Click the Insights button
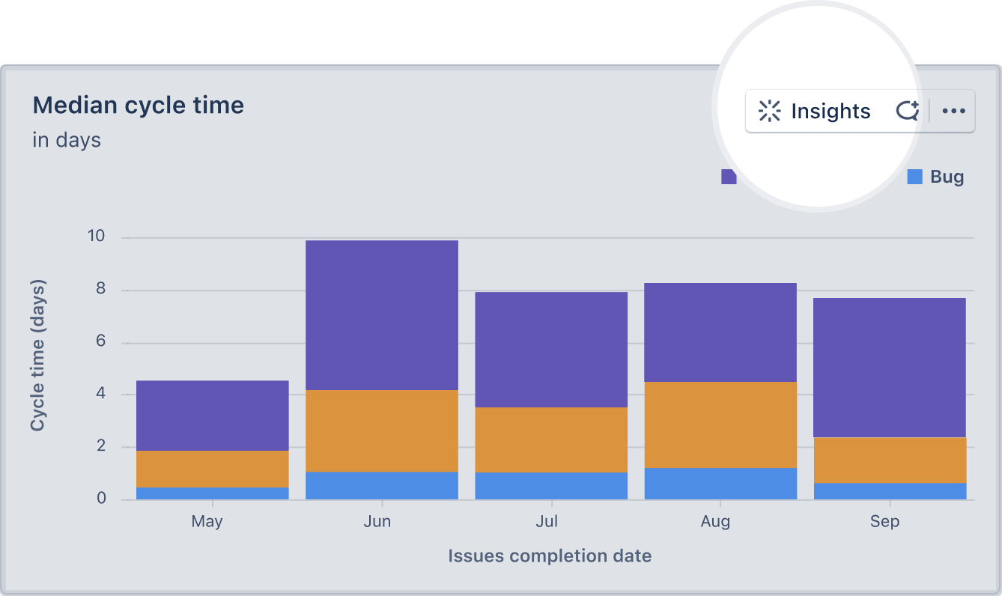815,112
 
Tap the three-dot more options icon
953,112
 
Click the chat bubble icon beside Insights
908,112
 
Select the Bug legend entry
936,177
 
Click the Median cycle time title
139,105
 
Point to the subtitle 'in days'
67,140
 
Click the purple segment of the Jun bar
382,314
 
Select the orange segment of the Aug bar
720,425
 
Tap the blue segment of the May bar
213,493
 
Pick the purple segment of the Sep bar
890,367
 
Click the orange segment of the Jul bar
551,440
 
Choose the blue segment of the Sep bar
890,491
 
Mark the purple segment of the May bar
213,415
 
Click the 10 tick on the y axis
97,237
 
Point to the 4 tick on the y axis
101,394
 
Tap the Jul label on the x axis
547,522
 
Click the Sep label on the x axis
884,522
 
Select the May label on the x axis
207,522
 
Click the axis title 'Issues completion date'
550,556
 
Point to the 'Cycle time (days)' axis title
37,355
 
